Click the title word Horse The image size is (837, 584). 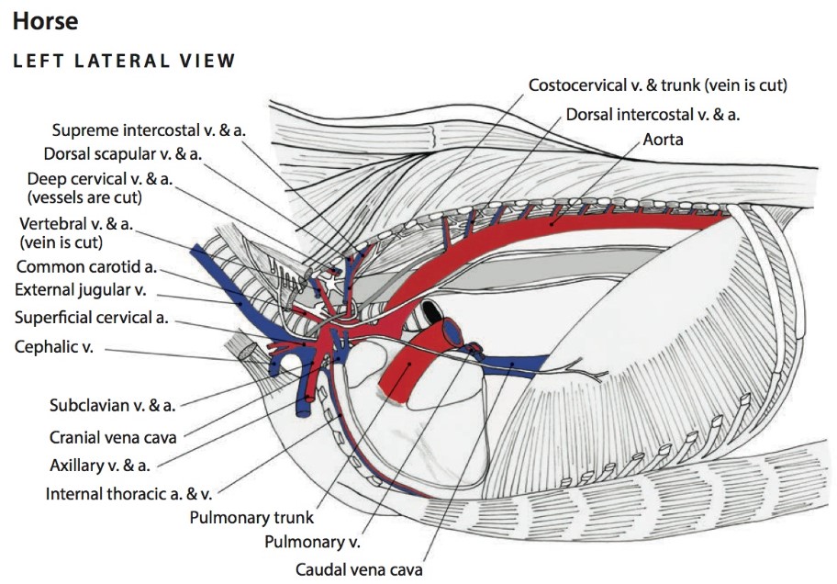pyautogui.click(x=45, y=21)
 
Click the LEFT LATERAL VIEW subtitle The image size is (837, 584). pyautogui.click(x=124, y=62)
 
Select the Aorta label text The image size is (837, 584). pyautogui.click(x=663, y=140)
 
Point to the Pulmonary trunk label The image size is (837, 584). pyautogui.click(x=251, y=517)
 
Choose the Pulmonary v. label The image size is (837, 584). pyautogui.click(x=312, y=542)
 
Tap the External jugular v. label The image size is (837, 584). pyautogui.click(x=84, y=291)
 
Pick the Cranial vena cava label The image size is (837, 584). pyautogui.click(x=113, y=437)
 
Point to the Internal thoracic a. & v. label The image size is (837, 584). pyautogui.click(x=129, y=494)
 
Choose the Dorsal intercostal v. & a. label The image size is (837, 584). pyautogui.click(x=653, y=115)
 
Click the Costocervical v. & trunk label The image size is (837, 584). pyautogui.click(x=657, y=85)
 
